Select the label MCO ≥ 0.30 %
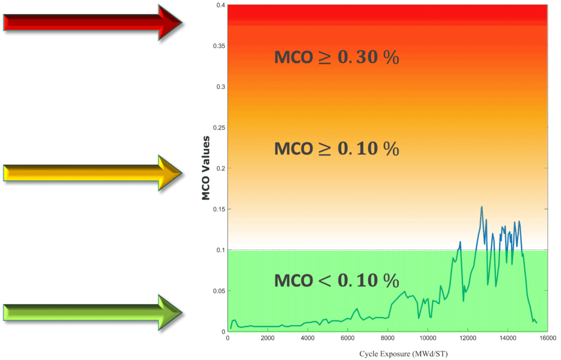(x=336, y=58)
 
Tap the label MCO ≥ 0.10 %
(x=336, y=148)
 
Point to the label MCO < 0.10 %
(x=336, y=281)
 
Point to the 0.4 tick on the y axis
(x=220, y=5)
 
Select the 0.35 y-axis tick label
(x=219, y=46)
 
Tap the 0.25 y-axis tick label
(x=219, y=128)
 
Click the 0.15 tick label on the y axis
(x=219, y=209)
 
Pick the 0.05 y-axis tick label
(x=219, y=291)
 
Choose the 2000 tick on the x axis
(x=267, y=338)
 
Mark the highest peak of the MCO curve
(x=482, y=207)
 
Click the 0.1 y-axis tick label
(x=220, y=250)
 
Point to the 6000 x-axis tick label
(x=347, y=338)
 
